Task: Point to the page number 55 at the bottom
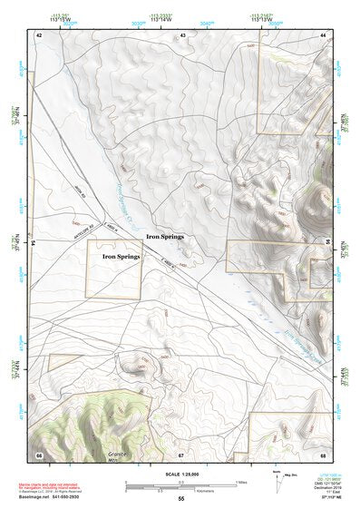181,498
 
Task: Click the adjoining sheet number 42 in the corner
39,34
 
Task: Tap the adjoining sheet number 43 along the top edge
182,34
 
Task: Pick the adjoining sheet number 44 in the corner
323,34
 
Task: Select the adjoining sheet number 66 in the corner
39,454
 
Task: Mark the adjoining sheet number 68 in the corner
323,454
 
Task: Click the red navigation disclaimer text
54,487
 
